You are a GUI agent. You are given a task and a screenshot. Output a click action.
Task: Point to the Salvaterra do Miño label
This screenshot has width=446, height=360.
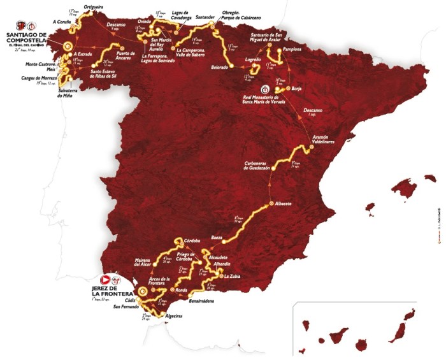point(50,94)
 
